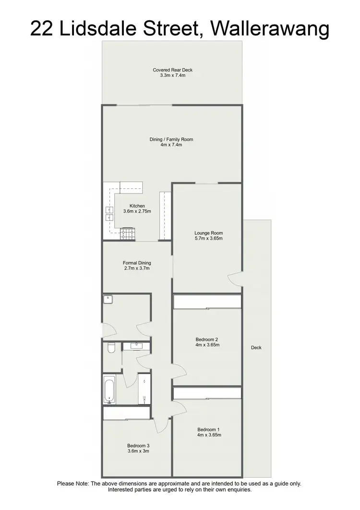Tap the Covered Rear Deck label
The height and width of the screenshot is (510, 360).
pos(172,70)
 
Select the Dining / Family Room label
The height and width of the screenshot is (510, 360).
pos(171,139)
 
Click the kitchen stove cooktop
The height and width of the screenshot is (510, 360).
pos(128,234)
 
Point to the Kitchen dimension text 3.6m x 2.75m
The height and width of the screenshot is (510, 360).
pos(137,211)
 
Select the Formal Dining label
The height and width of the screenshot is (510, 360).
pos(137,263)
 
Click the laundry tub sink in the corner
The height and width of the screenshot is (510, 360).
pos(108,300)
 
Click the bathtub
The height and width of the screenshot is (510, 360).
pos(109,389)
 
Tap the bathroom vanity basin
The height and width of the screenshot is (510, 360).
pos(137,345)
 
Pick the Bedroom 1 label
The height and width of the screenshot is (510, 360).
pos(209,429)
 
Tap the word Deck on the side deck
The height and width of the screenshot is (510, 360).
pos(256,348)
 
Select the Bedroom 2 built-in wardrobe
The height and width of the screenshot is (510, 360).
pos(207,302)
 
